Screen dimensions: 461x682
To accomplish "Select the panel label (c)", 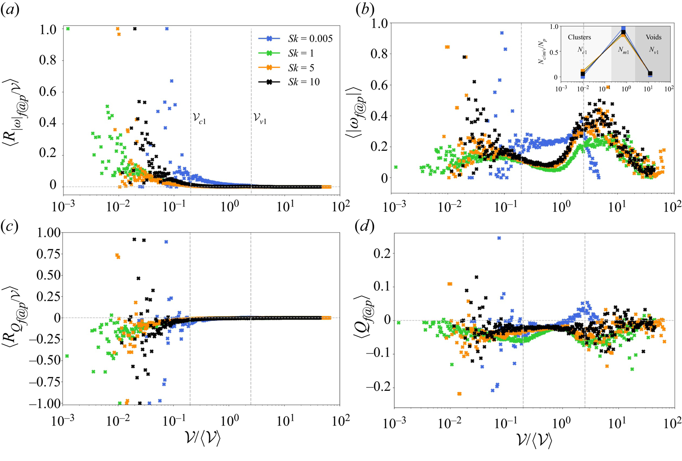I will click(10, 227).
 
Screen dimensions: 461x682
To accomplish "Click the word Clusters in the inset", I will click(579, 37).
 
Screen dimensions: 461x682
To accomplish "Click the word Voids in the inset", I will click(653, 37).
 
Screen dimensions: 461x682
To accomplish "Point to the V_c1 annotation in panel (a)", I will click(199, 118).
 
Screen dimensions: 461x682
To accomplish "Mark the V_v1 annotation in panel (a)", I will click(260, 118).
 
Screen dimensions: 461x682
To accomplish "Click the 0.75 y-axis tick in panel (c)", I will click(47, 254).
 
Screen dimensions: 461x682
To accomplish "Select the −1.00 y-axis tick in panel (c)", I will click(42, 403).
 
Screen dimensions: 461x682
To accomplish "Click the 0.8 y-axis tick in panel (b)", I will click(380, 54).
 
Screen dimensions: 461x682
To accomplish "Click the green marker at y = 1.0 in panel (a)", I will click(68, 29).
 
